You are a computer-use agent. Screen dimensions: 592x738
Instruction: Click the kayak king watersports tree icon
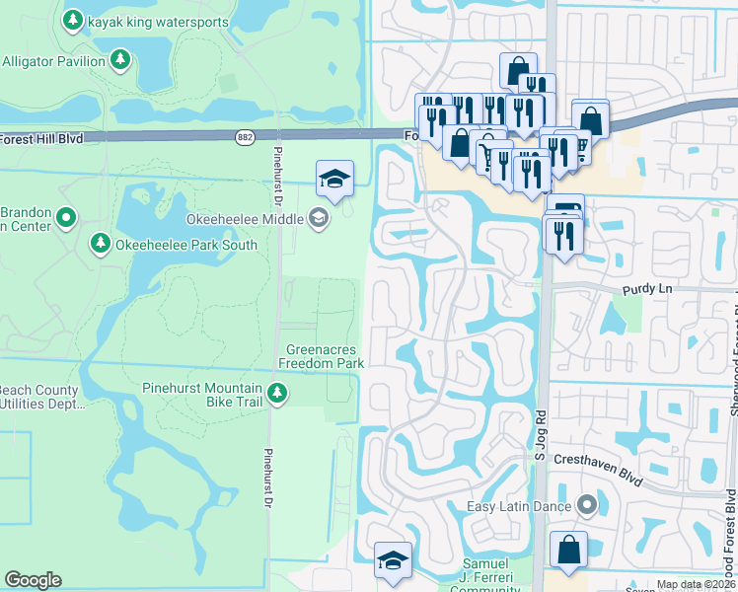click(73, 19)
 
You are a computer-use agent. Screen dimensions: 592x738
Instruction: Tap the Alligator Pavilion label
click(53, 61)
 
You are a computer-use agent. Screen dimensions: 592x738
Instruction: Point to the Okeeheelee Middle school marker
click(319, 218)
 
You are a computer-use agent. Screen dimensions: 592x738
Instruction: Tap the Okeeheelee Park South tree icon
click(100, 244)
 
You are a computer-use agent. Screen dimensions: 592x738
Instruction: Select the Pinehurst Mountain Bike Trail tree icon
click(278, 395)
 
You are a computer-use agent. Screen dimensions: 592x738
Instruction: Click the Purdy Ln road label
click(645, 290)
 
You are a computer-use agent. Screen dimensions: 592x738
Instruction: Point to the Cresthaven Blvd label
click(598, 473)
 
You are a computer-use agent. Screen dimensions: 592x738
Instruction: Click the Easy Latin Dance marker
click(587, 506)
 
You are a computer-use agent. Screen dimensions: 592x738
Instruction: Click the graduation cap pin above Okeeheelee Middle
click(334, 179)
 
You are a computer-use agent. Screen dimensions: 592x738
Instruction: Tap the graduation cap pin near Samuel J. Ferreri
click(393, 560)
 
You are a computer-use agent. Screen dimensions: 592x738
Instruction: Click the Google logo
click(33, 580)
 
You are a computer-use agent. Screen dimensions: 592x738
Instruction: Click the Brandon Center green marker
click(66, 216)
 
